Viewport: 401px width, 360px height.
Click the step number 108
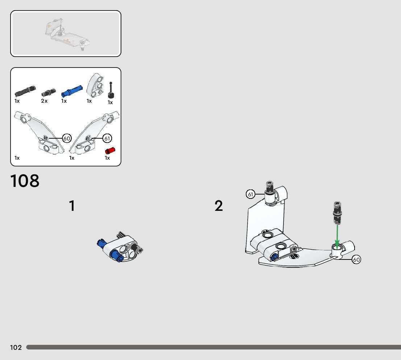tap(25, 181)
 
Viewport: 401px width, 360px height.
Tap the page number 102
tap(16, 348)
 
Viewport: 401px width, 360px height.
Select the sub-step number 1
tap(72, 206)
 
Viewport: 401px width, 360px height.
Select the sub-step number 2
tap(219, 206)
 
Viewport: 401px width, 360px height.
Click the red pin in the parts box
tap(109, 150)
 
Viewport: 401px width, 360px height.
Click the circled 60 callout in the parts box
tap(67, 138)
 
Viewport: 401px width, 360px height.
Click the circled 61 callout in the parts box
tap(107, 138)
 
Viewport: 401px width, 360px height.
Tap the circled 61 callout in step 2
tap(250, 195)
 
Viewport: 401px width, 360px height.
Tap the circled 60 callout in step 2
tap(356, 259)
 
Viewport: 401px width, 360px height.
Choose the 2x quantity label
tap(44, 101)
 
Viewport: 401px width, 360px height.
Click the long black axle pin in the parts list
tap(25, 89)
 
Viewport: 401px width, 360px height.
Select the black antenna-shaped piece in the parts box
tap(111, 90)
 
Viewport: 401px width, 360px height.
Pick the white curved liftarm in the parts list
tap(95, 85)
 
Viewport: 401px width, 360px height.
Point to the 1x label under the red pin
tap(107, 158)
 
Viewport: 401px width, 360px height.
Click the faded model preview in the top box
tap(66, 33)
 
